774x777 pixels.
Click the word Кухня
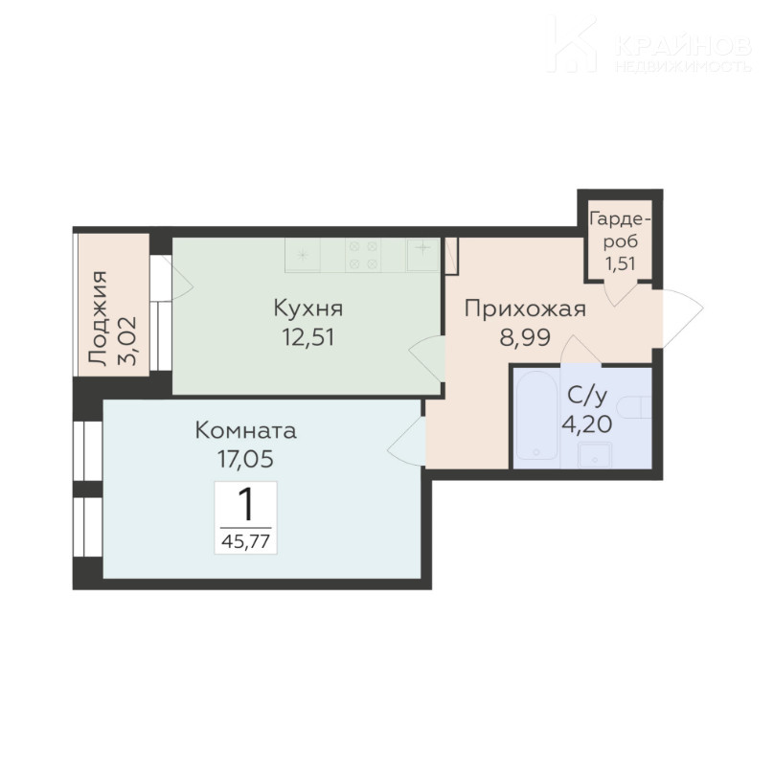point(308,309)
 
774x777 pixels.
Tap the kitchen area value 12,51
point(308,337)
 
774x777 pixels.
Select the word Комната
point(246,430)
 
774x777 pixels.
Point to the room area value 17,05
point(246,459)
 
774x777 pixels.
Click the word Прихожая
point(525,309)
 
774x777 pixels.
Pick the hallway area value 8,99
point(525,337)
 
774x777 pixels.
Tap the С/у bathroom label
point(587,396)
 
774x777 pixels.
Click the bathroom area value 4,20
point(586,423)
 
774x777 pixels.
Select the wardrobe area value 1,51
point(620,263)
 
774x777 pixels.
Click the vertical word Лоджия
point(97,318)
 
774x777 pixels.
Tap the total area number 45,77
point(246,541)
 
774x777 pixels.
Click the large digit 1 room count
point(246,504)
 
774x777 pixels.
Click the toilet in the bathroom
point(634,407)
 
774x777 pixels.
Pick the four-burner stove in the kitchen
point(363,255)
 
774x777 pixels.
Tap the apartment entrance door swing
point(683,317)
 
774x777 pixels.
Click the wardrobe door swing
point(620,294)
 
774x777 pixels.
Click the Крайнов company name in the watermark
point(683,46)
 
